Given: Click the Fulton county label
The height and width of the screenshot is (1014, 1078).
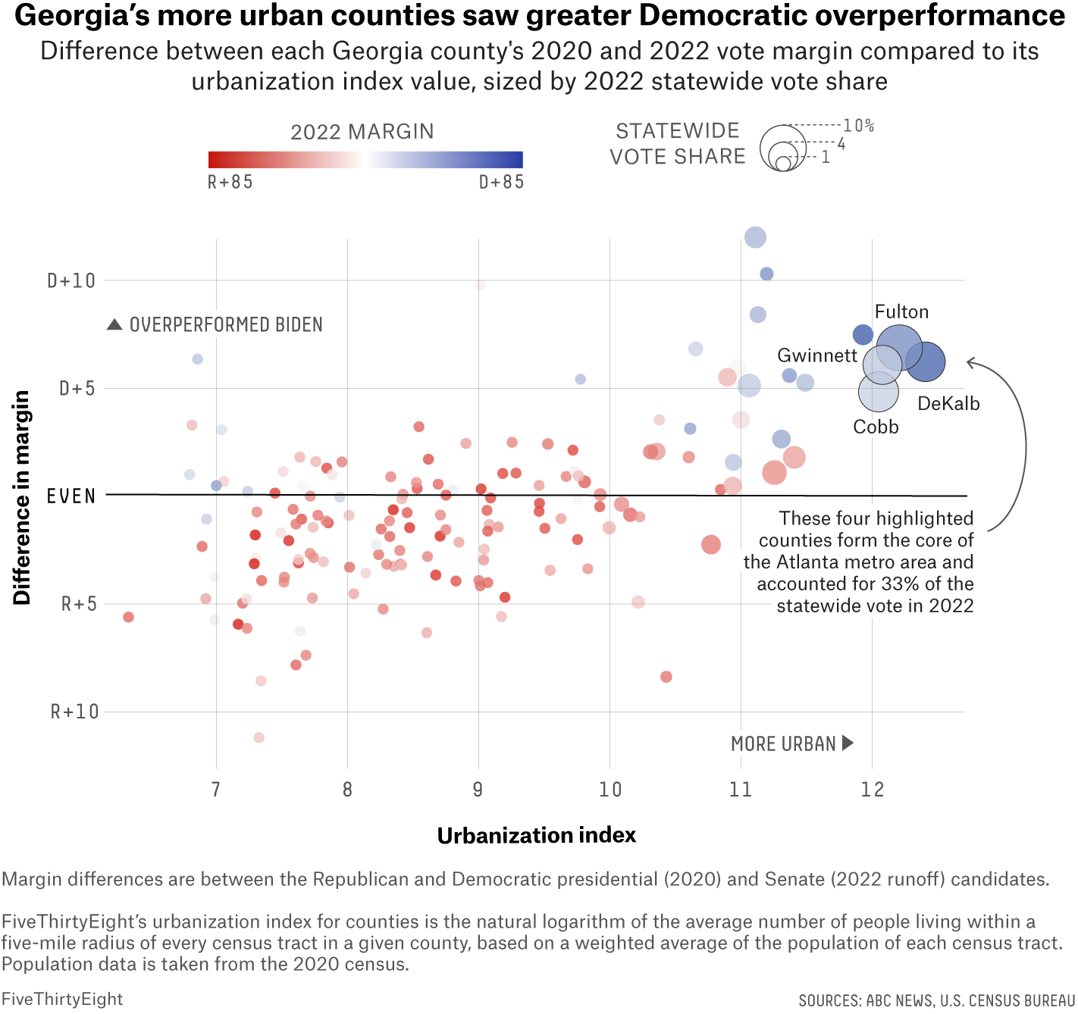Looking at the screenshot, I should click(x=901, y=312).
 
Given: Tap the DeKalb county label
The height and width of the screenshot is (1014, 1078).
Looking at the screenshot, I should click(x=948, y=404).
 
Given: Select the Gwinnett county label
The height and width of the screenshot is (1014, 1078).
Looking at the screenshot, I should click(x=817, y=355).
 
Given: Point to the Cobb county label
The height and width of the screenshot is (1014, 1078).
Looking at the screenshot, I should click(x=876, y=427).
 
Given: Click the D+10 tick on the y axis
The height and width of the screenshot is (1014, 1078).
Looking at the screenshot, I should click(x=72, y=281).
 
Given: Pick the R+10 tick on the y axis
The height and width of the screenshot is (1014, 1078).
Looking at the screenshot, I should click(x=74, y=712).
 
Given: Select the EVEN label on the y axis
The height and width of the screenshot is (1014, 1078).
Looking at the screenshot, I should click(x=71, y=496).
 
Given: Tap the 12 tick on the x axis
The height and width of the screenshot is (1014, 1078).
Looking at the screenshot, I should click(x=873, y=790).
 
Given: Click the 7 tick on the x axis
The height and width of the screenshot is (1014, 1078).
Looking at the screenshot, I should click(x=216, y=790).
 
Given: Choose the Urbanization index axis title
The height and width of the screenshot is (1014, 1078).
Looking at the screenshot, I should click(x=537, y=835).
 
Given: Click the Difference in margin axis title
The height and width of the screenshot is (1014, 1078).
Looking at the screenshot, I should click(x=22, y=497).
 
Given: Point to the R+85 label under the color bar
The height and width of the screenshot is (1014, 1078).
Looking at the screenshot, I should click(x=230, y=182).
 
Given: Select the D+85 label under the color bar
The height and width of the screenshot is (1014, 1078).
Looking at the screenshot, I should click(x=502, y=182).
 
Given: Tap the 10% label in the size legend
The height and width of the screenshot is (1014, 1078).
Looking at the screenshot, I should click(x=859, y=126).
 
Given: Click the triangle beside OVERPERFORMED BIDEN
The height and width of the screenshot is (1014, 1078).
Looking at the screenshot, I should click(x=114, y=324).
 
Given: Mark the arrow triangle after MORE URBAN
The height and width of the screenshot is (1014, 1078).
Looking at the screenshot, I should click(x=848, y=743).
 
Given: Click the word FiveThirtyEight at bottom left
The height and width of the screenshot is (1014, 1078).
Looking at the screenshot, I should click(x=62, y=999).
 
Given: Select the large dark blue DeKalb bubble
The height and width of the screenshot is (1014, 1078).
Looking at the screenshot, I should click(x=926, y=361).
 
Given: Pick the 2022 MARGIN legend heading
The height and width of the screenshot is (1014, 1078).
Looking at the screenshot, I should click(x=362, y=132).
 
